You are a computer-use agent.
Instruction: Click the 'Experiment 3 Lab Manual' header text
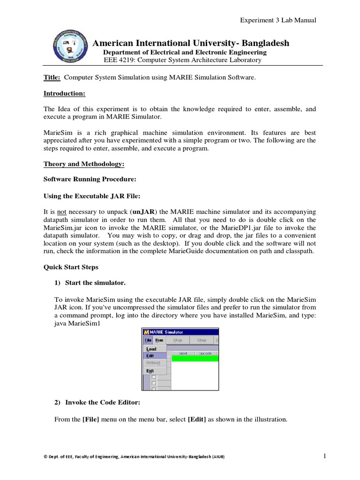(278, 20)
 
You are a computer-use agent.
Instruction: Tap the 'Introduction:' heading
(64, 93)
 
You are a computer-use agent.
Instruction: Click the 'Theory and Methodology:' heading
(84, 164)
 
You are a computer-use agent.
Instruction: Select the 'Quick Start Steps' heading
(71, 267)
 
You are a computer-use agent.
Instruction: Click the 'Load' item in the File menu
(151, 349)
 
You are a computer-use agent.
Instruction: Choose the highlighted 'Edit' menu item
(150, 356)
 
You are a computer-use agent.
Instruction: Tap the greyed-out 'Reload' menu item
(153, 363)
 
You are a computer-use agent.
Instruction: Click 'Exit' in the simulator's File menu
(150, 371)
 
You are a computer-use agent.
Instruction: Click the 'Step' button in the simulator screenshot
(202, 340)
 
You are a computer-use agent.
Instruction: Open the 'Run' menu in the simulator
(159, 340)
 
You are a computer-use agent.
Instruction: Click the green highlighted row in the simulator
(195, 359)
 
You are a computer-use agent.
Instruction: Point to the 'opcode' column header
(205, 352)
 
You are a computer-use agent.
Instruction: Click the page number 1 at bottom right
(324, 456)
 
